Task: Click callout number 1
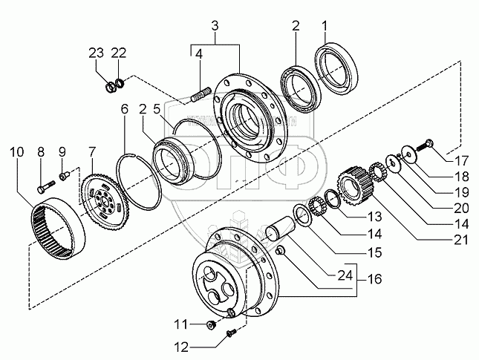tap(324, 27)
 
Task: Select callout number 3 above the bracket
tap(214, 27)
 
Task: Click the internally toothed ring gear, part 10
tap(60, 226)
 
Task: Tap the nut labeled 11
tap(212, 324)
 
